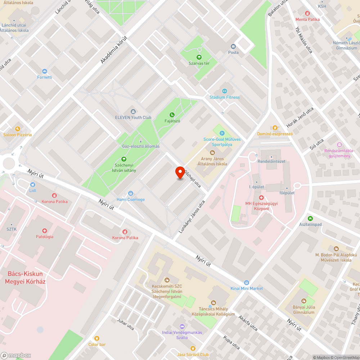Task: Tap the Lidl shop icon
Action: [32, 185]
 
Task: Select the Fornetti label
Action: [45, 77]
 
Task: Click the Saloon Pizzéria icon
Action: [17, 129]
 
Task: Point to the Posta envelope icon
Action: [233, 46]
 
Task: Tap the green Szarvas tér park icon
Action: [199, 57]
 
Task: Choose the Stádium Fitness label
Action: [224, 97]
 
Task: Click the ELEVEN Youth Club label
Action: [133, 117]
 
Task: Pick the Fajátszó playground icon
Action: [172, 115]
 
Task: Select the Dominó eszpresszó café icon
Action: [275, 127]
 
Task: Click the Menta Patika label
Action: [307, 19]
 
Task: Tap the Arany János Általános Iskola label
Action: [212, 161]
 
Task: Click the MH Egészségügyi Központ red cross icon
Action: [261, 198]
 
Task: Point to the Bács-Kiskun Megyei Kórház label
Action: [25, 278]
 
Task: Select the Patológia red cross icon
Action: [45, 231]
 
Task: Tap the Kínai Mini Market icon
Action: [247, 283]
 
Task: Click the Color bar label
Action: [97, 345]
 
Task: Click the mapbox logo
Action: [16, 355]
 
